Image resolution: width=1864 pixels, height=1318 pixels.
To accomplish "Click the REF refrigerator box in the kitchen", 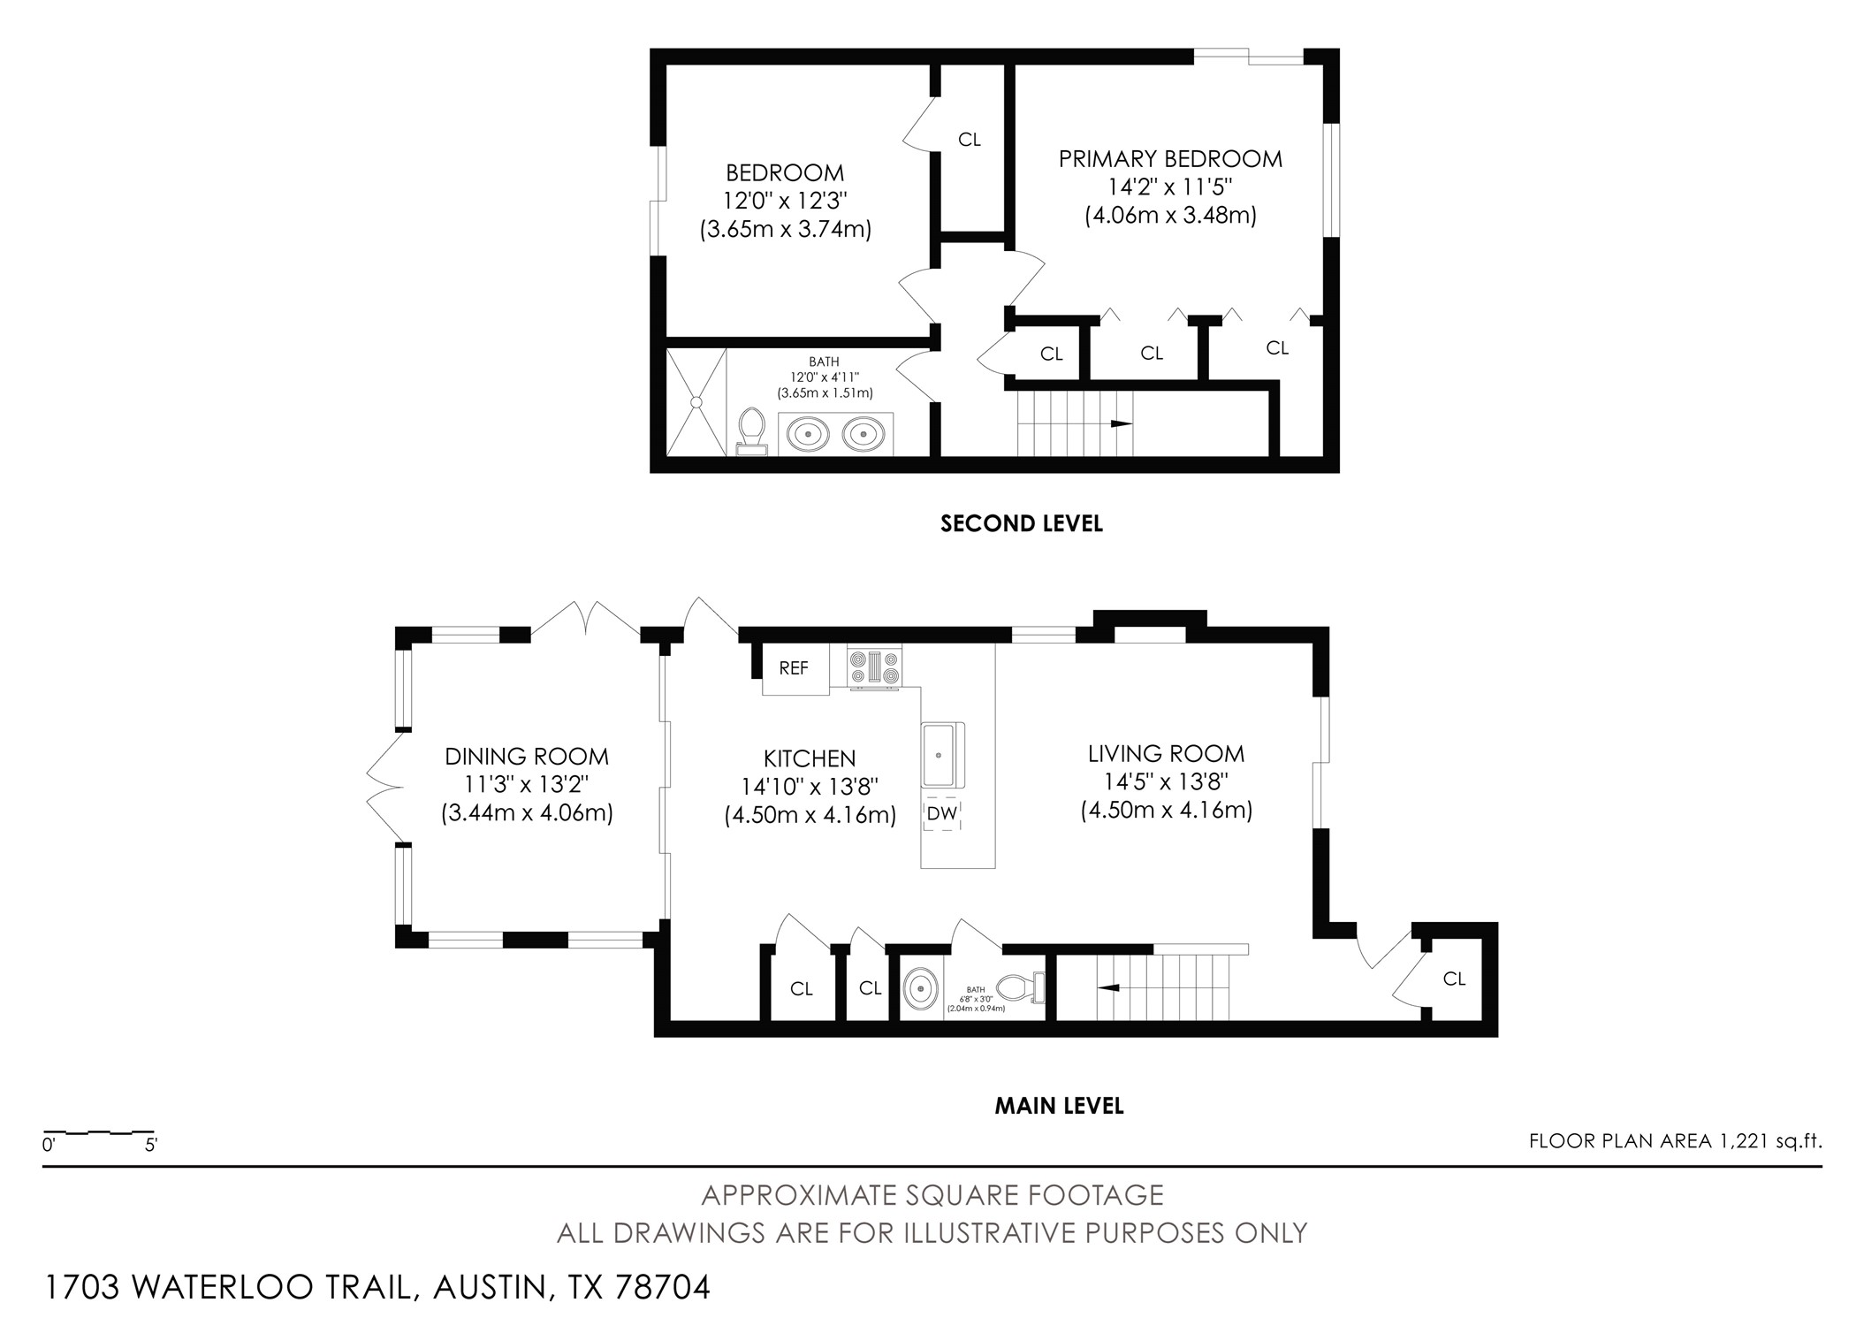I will [x=795, y=669].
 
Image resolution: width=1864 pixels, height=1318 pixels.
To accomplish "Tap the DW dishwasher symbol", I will [x=942, y=813].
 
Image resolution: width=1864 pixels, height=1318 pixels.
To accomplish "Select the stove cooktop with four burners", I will [x=874, y=667].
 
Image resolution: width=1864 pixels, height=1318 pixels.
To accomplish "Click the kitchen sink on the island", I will [x=942, y=754].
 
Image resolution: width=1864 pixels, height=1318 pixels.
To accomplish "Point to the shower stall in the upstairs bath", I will [x=696, y=402].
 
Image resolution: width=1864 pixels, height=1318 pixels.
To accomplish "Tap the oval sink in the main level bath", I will [x=921, y=987].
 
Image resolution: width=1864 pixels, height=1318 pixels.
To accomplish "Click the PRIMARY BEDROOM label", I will [x=1170, y=159].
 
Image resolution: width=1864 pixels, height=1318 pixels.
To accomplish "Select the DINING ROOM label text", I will [x=527, y=757].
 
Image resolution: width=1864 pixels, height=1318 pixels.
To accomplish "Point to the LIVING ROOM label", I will [x=1166, y=754].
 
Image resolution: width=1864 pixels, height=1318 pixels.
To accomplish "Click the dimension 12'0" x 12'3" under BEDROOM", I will [x=785, y=201].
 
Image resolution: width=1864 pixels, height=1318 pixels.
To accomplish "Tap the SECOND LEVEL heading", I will [x=1021, y=523].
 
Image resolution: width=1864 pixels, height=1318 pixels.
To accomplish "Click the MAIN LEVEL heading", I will [x=1059, y=1106].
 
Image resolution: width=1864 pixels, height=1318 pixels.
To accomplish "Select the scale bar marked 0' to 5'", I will [x=99, y=1132].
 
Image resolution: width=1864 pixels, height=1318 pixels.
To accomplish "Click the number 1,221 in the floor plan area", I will [x=1746, y=1141].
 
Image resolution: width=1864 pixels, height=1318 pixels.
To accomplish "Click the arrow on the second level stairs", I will [x=1121, y=423].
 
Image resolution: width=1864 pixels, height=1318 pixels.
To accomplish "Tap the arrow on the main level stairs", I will [x=1107, y=987].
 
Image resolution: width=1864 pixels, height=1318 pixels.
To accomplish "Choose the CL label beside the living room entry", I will [x=1454, y=979].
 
